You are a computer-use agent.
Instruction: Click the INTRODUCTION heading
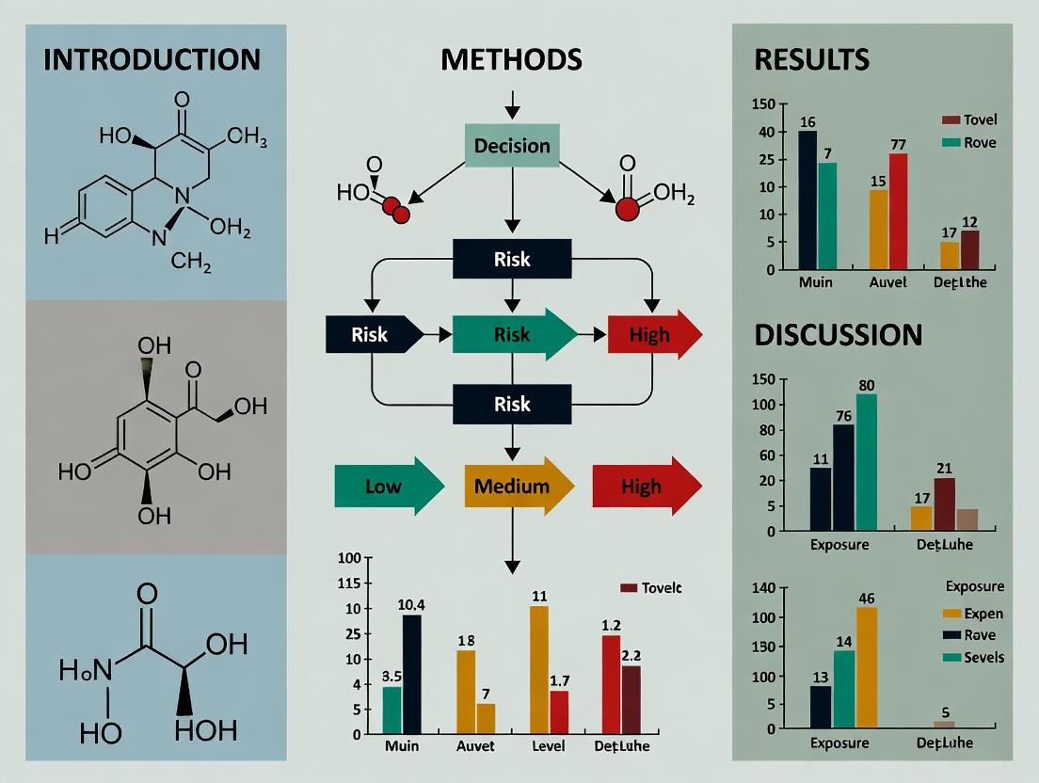tap(152, 60)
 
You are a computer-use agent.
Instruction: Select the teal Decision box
tap(512, 146)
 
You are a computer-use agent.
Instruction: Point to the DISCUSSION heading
tap(838, 335)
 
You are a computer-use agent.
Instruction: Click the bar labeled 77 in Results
tap(898, 211)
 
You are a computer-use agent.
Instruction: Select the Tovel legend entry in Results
tap(968, 120)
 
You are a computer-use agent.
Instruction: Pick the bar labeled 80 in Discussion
tap(866, 462)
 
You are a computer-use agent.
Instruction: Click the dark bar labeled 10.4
tap(411, 674)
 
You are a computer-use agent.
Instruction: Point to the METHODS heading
tap(511, 60)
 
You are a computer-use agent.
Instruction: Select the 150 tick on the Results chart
tap(764, 104)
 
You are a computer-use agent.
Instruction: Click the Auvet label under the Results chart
tap(888, 282)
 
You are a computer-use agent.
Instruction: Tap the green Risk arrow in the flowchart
tap(514, 334)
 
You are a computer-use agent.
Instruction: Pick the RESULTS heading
tap(811, 60)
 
